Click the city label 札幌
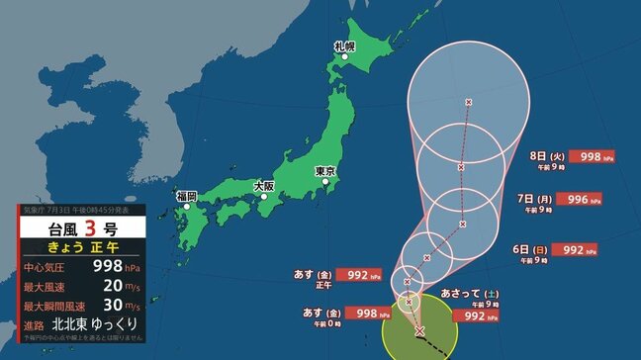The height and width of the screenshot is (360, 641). (x=344, y=45)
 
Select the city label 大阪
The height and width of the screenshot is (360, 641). (x=263, y=185)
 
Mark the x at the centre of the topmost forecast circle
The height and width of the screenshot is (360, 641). (x=468, y=102)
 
